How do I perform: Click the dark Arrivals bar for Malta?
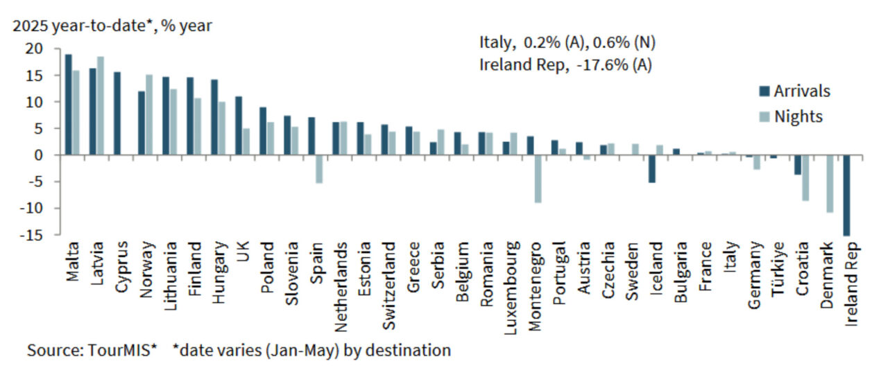[x=68, y=105]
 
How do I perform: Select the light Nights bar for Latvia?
[x=100, y=106]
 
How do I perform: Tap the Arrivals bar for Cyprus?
[x=117, y=114]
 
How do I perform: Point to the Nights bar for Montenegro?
[x=538, y=179]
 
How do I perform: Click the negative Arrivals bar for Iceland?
[x=651, y=169]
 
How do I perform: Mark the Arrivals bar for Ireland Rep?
[x=846, y=195]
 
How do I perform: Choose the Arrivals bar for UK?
[x=238, y=125]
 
